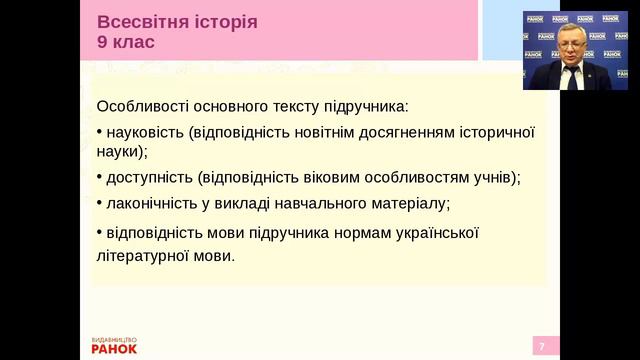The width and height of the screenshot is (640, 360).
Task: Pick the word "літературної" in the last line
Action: point(141,255)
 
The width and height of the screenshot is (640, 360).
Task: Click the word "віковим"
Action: point(324,177)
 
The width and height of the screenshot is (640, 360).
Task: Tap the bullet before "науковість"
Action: point(99,131)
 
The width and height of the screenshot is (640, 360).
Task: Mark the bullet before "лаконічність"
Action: point(99,202)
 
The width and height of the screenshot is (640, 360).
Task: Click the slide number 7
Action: point(542,346)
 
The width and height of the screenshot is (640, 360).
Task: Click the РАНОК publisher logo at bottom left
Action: point(114,346)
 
